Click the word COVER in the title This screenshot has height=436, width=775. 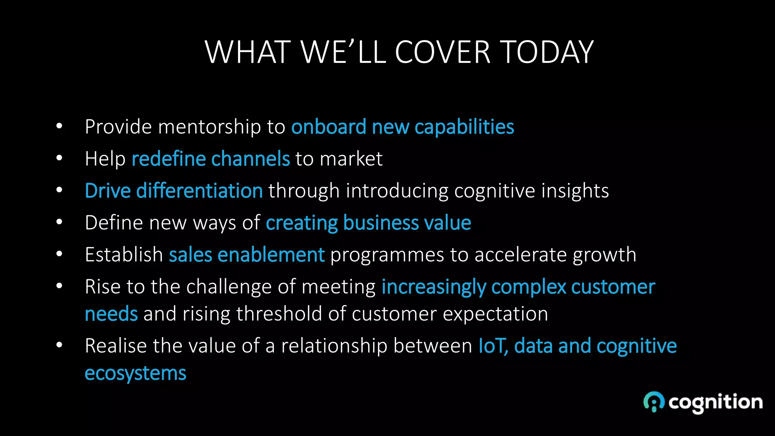(442, 52)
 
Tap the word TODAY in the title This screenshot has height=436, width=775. (547, 52)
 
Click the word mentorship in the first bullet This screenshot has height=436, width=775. (209, 127)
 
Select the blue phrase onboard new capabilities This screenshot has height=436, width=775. (403, 127)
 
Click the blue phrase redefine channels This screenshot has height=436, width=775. (210, 159)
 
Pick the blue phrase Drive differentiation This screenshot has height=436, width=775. (174, 190)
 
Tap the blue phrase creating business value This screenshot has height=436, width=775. (369, 223)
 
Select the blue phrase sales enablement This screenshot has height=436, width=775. (247, 254)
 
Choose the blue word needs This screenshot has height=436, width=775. (111, 314)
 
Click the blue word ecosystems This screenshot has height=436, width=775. (135, 374)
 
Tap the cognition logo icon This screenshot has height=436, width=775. (654, 402)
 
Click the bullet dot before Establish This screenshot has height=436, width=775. (59, 254)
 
